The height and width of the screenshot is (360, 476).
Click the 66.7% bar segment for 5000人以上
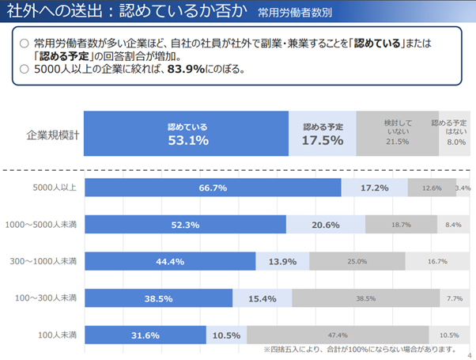tap(212, 188)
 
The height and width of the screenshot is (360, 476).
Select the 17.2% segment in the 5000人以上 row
tap(374, 188)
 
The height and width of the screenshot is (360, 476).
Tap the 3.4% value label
tap(463, 188)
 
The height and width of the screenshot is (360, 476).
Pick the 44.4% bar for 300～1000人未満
tap(169, 261)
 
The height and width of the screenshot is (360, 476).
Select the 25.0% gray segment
tap(357, 261)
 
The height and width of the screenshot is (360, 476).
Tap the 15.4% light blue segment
tap(262, 297)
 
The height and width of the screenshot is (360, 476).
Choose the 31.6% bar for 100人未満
tap(144, 335)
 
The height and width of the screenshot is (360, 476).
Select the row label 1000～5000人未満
tap(41, 225)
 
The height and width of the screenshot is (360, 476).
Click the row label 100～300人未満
tap(44, 297)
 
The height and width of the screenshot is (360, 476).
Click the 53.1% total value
tap(187, 141)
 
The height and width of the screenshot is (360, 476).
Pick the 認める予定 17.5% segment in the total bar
tap(323, 134)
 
